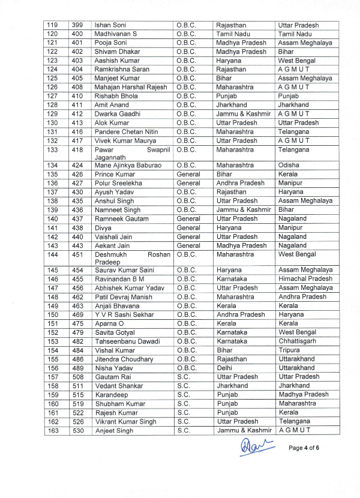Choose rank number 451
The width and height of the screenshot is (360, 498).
[x=77, y=254]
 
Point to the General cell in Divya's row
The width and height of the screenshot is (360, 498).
[x=189, y=228]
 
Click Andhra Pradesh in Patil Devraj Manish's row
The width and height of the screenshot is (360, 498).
[x=302, y=296]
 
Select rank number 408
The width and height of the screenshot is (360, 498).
[x=77, y=87]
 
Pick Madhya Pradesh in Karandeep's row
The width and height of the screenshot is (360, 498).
[x=304, y=395]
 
